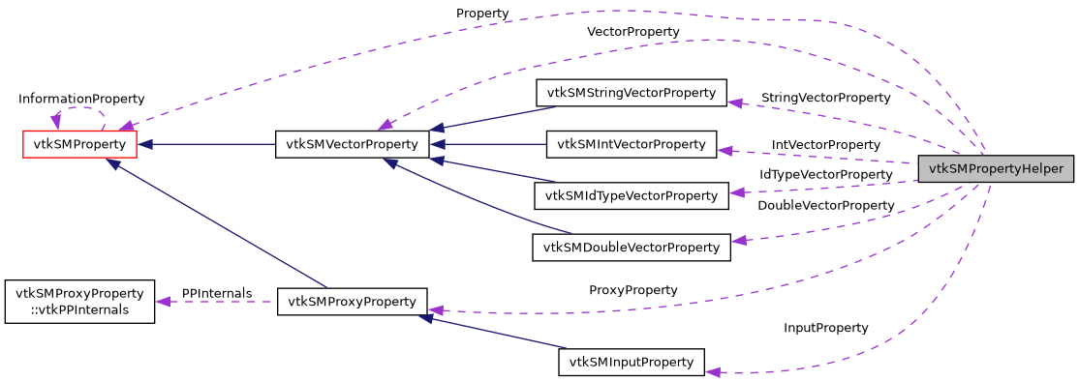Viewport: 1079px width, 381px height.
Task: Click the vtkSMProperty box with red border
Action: point(79,145)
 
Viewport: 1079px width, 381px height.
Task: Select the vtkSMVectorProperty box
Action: point(352,145)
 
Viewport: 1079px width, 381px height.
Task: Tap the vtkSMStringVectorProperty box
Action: point(631,94)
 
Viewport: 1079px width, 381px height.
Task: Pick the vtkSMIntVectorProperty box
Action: point(631,145)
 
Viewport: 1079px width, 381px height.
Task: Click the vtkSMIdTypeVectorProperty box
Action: point(631,196)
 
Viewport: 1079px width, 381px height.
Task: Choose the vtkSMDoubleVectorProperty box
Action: point(631,248)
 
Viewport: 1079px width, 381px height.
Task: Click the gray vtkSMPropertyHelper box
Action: point(996,169)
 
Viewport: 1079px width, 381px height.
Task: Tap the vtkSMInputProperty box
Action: point(631,363)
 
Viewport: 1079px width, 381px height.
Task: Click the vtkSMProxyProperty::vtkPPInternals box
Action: point(79,301)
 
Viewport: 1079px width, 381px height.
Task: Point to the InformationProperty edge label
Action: point(81,99)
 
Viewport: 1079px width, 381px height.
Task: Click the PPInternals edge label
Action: point(216,293)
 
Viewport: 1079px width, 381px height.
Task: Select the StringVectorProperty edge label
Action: point(825,98)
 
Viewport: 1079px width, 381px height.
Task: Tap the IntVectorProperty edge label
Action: point(825,144)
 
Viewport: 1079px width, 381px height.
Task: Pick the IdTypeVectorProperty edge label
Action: point(825,174)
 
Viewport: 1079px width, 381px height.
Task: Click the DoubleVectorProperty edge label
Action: point(825,206)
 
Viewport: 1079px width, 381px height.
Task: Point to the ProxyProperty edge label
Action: point(632,290)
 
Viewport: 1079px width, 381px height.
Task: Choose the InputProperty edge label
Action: point(825,328)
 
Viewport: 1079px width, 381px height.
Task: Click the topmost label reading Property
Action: point(482,14)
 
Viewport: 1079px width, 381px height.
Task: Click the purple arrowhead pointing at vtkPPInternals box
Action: point(164,302)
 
